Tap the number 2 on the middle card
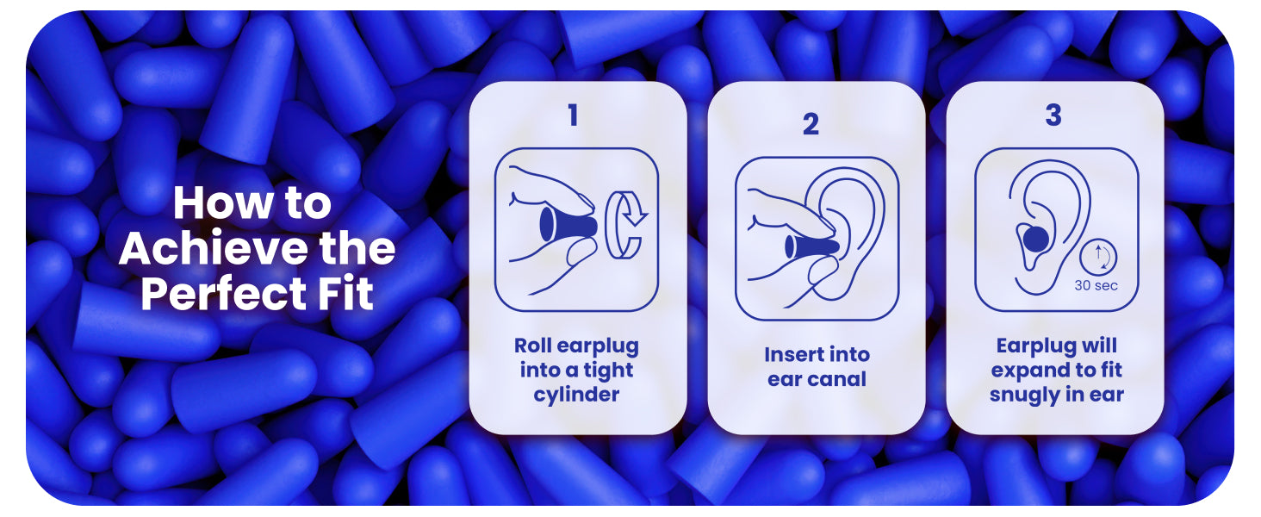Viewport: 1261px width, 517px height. [x=811, y=124]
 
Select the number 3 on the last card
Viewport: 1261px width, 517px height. [x=1053, y=115]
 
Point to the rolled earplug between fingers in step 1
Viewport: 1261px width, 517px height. [x=568, y=223]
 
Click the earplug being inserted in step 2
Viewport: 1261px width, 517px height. [x=811, y=246]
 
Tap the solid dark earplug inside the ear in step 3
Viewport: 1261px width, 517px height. [x=1036, y=238]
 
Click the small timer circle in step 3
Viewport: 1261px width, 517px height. [x=1097, y=258]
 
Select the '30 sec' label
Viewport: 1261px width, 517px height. [x=1096, y=285]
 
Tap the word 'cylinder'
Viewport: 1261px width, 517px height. [x=576, y=395]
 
